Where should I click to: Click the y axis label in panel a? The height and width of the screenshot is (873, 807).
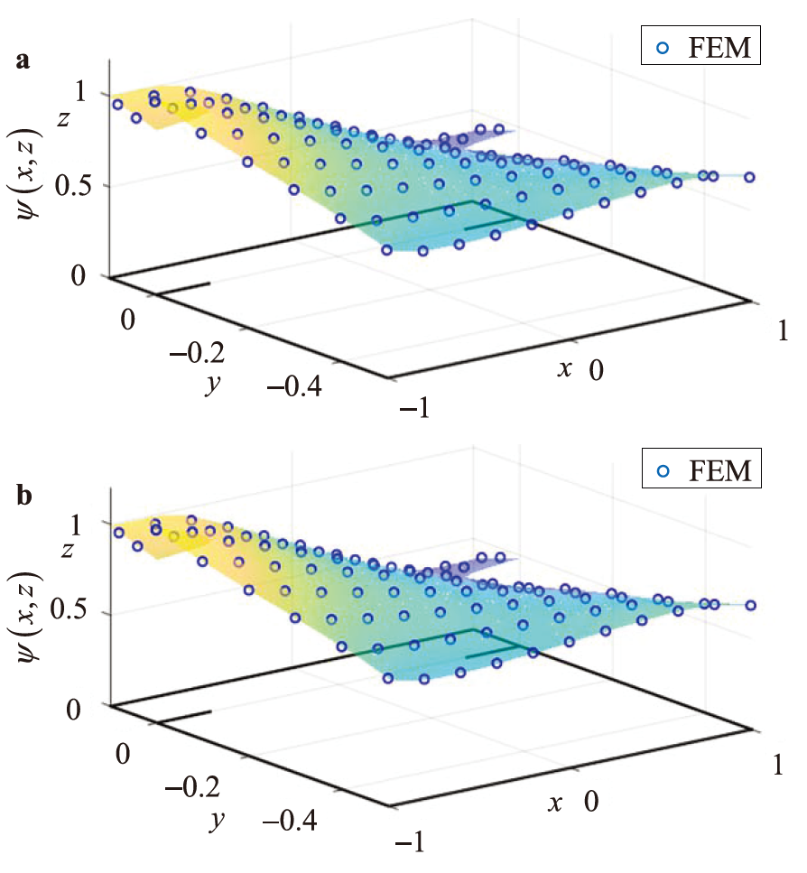[214, 382]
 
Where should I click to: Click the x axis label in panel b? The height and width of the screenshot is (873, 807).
[564, 800]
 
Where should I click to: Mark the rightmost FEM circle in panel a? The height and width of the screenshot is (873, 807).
[749, 178]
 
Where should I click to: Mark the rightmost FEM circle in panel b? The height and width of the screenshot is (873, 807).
[749, 606]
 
